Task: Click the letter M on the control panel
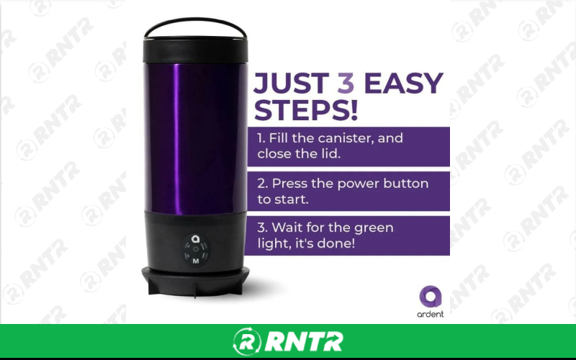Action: [x=195, y=261]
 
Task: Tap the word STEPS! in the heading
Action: [x=307, y=112]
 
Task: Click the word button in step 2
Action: [x=406, y=184]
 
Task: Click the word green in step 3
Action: [x=374, y=228]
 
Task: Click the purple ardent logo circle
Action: [x=430, y=297]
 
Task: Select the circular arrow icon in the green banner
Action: [x=246, y=341]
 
